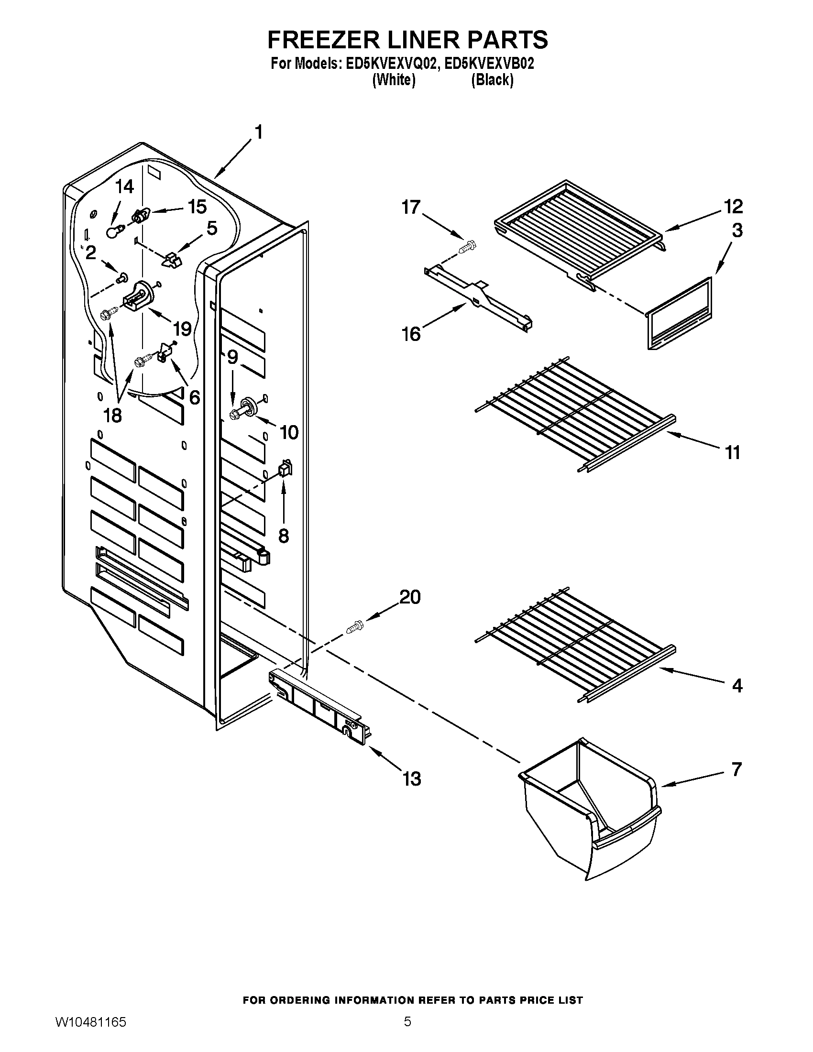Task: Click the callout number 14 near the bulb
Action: [x=125, y=187]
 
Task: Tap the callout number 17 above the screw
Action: [x=411, y=208]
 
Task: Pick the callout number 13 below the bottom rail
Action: [x=411, y=778]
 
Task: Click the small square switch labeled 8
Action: [x=285, y=468]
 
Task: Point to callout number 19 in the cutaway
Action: [x=183, y=329]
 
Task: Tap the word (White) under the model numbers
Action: [x=394, y=79]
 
